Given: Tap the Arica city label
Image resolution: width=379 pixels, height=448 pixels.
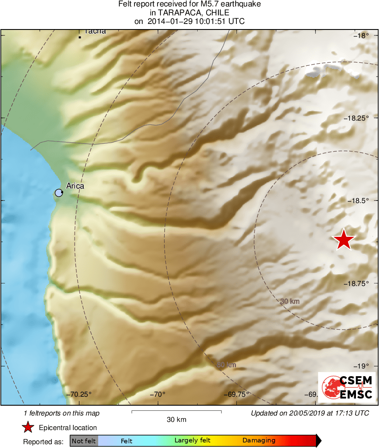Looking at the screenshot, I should (75, 186).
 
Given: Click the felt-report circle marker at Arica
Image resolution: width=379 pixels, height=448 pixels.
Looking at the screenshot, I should (59, 193).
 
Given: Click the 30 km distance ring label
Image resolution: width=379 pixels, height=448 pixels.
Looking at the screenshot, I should (290, 301).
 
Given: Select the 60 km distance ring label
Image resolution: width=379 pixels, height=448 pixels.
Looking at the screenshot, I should (226, 365).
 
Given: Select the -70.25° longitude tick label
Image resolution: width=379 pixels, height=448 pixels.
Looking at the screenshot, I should (80, 394).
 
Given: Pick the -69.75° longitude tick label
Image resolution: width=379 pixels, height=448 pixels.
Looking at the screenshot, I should (235, 394).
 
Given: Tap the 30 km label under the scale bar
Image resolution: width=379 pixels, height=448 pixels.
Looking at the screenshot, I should (176, 420).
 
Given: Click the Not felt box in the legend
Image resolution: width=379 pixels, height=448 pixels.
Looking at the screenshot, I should (84, 441).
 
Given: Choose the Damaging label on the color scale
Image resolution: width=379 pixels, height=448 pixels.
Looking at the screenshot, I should (259, 440).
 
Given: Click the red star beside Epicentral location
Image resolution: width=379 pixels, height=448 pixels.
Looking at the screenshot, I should (28, 427).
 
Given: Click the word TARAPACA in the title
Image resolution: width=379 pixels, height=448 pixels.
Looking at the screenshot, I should (175, 13).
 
